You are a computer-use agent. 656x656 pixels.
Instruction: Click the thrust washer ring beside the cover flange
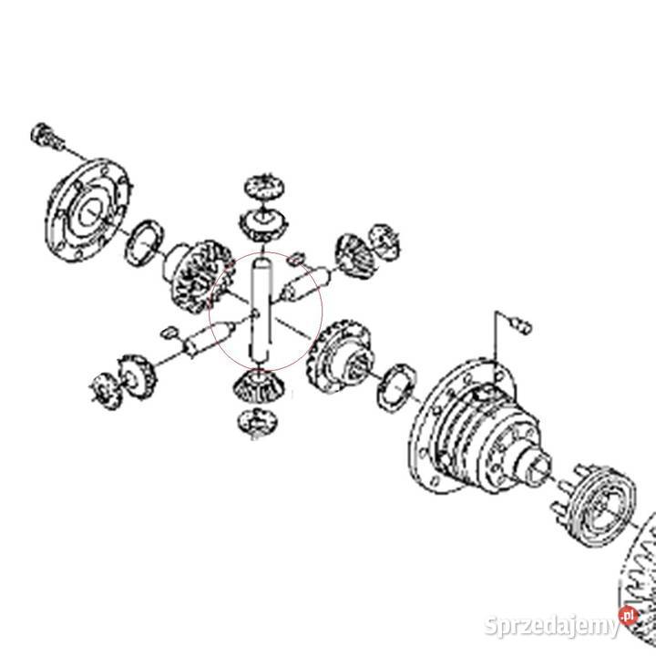(x=144, y=243)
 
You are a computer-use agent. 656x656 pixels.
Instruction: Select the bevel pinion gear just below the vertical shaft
(x=255, y=386)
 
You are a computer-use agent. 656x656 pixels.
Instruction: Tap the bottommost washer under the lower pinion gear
(x=255, y=421)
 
